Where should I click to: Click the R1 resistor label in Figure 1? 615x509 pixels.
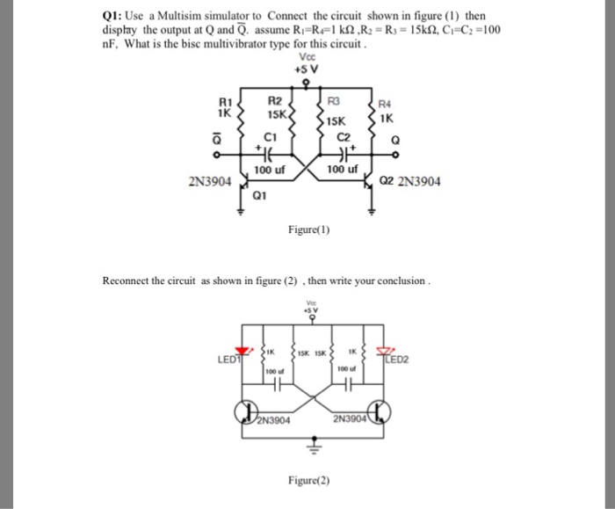(x=226, y=105)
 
